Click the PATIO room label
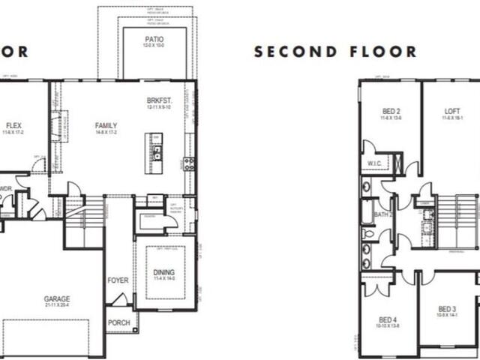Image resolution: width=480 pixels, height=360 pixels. (x=154, y=38)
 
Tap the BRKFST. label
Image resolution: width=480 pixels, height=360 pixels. (x=160, y=100)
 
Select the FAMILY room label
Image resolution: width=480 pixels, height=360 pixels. (x=106, y=125)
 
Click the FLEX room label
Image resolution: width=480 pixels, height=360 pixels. (x=13, y=125)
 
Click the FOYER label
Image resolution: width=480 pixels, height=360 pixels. (x=118, y=280)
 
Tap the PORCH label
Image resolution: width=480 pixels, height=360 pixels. (x=118, y=323)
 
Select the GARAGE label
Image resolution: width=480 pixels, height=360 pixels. (x=56, y=298)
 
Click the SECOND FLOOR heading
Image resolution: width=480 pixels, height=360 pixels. (x=335, y=52)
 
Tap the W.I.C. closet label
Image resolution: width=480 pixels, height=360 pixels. (x=375, y=163)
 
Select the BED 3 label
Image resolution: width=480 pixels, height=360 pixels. (x=447, y=309)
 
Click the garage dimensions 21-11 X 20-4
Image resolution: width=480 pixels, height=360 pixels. (x=56, y=306)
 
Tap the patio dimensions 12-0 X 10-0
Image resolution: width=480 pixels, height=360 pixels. (x=154, y=46)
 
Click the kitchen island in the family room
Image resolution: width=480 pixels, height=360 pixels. (x=155, y=152)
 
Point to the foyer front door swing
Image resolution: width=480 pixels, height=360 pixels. (x=118, y=299)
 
